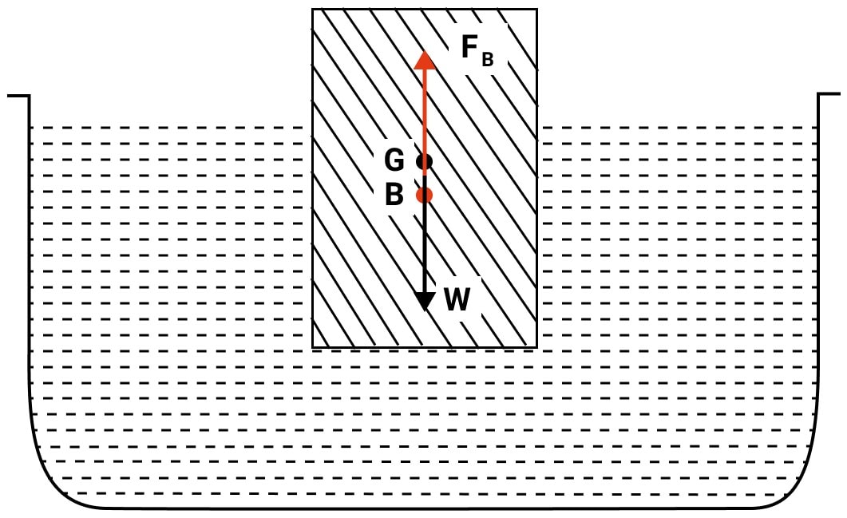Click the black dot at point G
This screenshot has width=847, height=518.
(425, 161)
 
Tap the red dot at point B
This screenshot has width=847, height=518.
(425, 195)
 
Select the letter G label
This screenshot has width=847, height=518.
(394, 160)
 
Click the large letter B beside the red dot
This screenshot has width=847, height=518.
(394, 194)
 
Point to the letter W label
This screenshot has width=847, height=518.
(457, 299)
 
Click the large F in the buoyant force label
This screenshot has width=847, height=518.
(469, 46)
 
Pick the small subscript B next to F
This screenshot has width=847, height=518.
(487, 59)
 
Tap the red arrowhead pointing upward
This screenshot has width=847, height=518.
(425, 60)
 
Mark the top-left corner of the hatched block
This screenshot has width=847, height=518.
(312, 10)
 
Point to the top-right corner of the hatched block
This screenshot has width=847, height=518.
(537, 10)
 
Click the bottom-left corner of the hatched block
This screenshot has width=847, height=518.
(312, 347)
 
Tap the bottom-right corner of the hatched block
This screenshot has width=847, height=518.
(537, 347)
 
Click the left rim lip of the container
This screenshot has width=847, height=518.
(18, 96)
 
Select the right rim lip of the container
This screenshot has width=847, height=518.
(829, 94)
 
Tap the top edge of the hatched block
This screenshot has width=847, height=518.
(425, 10)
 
